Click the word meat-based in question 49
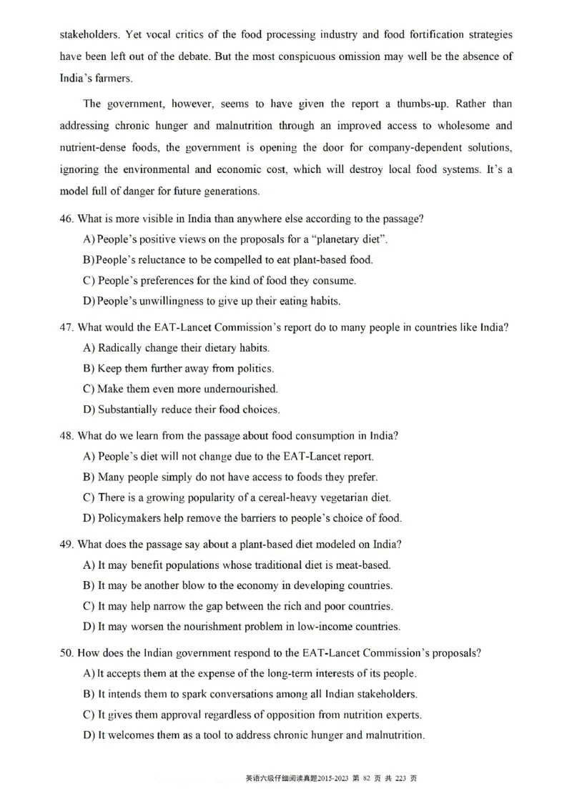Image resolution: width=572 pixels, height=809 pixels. point(363,565)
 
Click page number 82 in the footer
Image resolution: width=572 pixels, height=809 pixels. point(368,778)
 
